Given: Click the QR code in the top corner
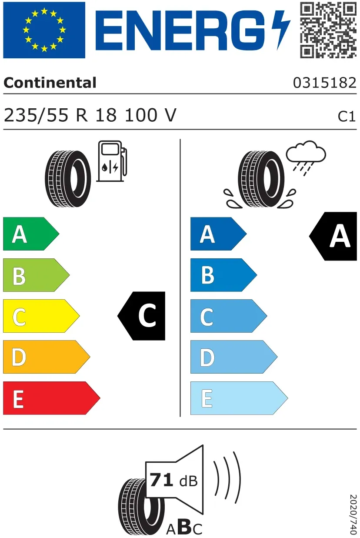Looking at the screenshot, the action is tap(328, 30).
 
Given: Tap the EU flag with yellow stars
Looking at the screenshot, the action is tap(44, 30).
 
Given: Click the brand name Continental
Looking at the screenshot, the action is tap(50, 83).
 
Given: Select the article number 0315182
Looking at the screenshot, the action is tap(325, 83).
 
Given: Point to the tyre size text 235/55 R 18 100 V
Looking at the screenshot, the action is tap(90, 115).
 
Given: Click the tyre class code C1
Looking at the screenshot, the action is tap(347, 117).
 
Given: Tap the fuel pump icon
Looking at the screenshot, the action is tap(112, 161).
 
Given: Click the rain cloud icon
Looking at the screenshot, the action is tap(306, 157).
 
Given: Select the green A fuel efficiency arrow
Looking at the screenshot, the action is tap(31, 234).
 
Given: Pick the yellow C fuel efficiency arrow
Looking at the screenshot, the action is tap(41, 316).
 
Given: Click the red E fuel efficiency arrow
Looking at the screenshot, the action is tap(51, 398).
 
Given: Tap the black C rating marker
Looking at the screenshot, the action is tap(141, 316).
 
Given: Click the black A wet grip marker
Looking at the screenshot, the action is tap(333, 236).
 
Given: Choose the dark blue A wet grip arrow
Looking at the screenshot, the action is tap(218, 234).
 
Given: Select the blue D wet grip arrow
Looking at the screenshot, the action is tap(234, 357).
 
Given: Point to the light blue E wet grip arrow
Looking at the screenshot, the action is tap(239, 398).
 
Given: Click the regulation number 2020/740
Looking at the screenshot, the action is tap(353, 514).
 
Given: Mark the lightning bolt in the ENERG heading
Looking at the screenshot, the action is tap(281, 30).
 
